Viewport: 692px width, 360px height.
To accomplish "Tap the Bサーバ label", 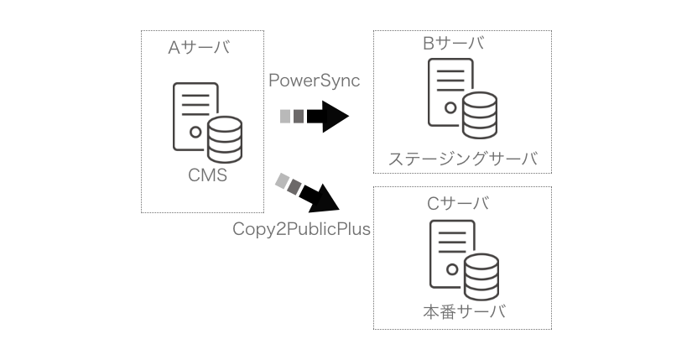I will [x=454, y=43].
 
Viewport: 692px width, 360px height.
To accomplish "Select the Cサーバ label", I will [x=459, y=202].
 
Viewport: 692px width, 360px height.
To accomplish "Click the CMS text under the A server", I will [x=208, y=176].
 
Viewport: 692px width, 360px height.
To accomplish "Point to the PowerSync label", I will [x=315, y=81].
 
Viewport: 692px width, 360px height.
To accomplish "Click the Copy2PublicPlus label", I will [x=302, y=228].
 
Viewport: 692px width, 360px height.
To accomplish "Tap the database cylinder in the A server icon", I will [x=224, y=139].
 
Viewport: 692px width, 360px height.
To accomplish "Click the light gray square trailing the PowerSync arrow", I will [x=285, y=117].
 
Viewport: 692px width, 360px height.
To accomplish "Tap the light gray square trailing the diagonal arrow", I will [x=282, y=179].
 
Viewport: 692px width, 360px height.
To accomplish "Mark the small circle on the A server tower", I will [x=195, y=132].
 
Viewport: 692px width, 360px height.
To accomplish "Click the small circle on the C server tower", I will [x=451, y=269].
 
